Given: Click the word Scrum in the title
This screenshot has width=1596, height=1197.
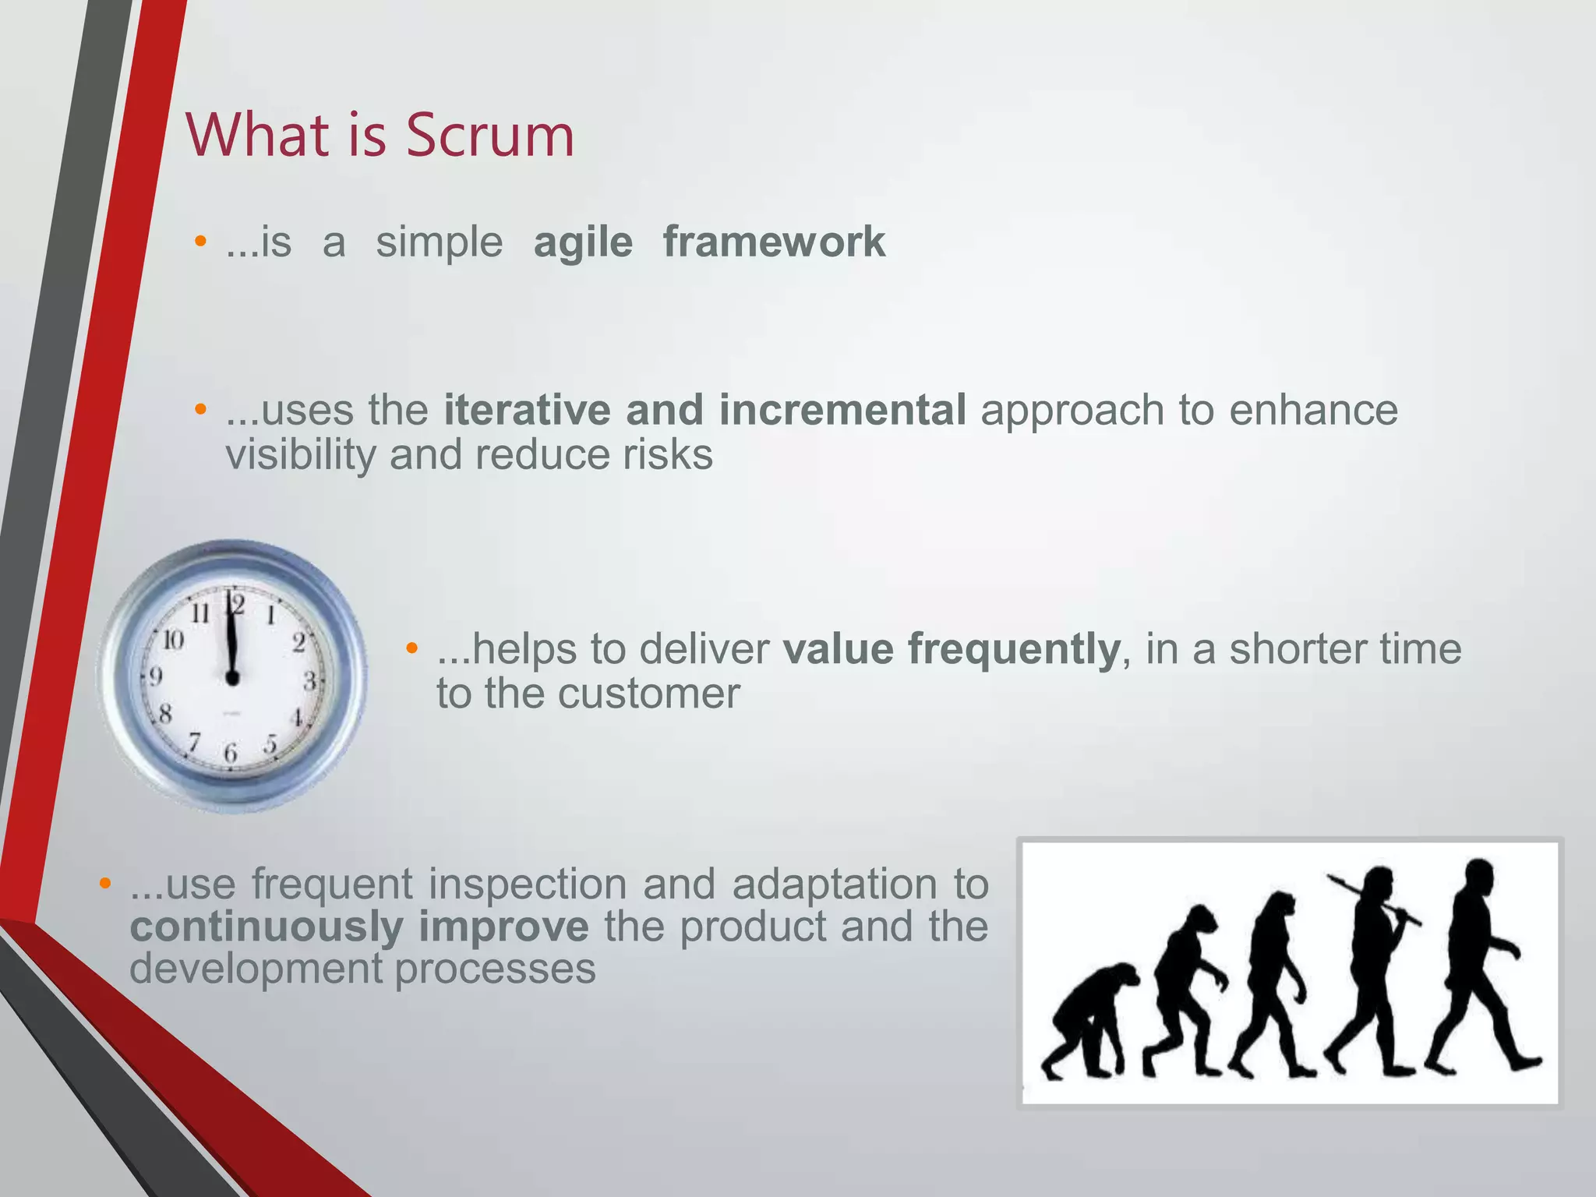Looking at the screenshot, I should [x=489, y=136].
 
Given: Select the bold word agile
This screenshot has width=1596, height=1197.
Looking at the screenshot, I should [x=583, y=242].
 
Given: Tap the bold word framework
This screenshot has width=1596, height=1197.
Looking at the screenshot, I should [x=774, y=241].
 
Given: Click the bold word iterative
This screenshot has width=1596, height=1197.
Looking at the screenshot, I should [x=527, y=410].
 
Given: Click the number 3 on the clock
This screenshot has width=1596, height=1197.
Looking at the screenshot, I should [x=309, y=681].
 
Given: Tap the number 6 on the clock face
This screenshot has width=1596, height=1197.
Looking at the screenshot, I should [x=231, y=753].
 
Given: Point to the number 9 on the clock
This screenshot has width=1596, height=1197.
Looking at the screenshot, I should [x=156, y=676].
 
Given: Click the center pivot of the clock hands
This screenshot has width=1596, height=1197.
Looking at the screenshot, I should [x=232, y=678].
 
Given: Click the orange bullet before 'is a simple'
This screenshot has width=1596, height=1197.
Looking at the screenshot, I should [x=200, y=241].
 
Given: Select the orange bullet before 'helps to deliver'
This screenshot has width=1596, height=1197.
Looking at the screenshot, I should [x=412, y=648].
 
